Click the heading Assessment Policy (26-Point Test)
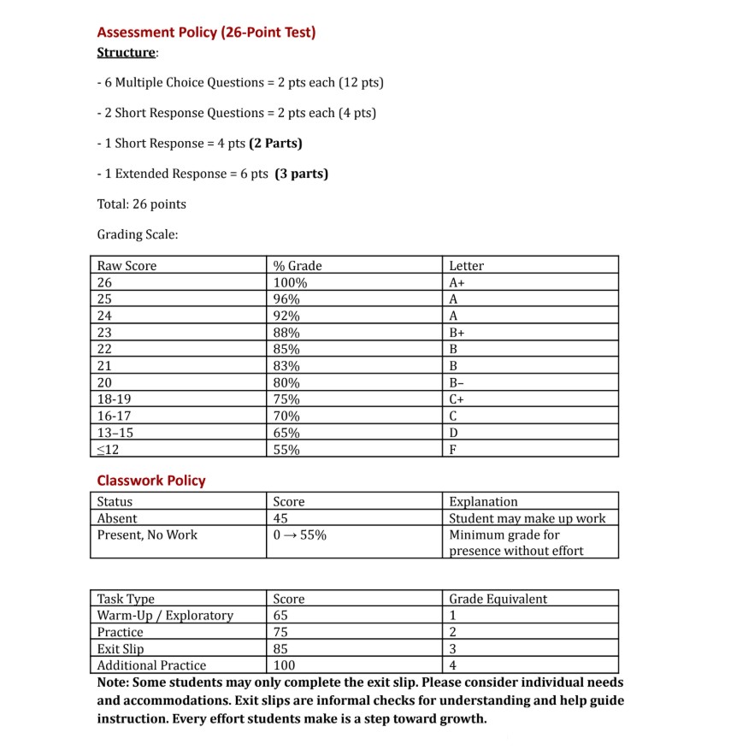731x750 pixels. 206,32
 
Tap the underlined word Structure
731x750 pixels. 127,53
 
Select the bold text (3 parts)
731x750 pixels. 302,174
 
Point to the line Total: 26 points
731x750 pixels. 141,204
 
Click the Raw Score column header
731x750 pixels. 127,266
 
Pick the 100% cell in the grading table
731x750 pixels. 290,282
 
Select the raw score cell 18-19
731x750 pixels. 115,399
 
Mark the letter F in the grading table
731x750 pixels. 453,449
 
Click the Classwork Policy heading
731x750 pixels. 151,481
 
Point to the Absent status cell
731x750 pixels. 117,518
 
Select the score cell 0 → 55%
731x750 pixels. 298,535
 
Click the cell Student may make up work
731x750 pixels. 527,518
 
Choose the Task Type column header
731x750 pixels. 126,599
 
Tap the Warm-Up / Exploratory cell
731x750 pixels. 165,616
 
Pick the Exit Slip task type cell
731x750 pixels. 121,649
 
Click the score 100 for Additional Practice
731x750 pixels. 284,665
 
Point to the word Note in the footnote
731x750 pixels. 112,682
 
